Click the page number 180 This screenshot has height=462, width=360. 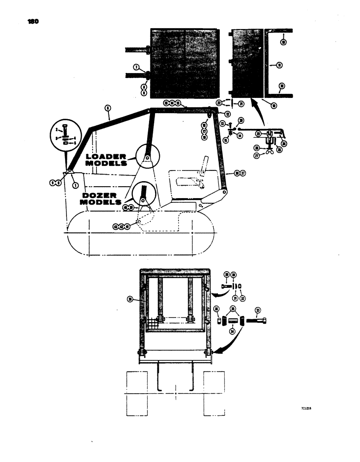[27, 21]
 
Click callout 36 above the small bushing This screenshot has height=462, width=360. [216, 309]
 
